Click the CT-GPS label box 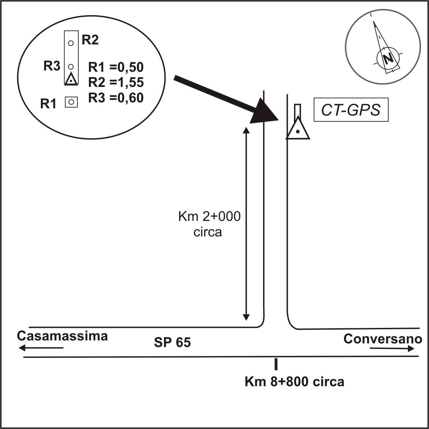click(x=351, y=110)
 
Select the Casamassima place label click(x=62, y=336)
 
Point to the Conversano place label click(x=383, y=339)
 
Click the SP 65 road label click(x=172, y=343)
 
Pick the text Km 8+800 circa click(x=294, y=382)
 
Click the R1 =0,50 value click(x=116, y=67)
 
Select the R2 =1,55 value click(x=116, y=82)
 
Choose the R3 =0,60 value click(x=116, y=98)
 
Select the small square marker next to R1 click(x=71, y=102)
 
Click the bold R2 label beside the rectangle click(x=90, y=40)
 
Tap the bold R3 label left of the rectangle click(x=52, y=66)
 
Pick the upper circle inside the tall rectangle click(x=71, y=43)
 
